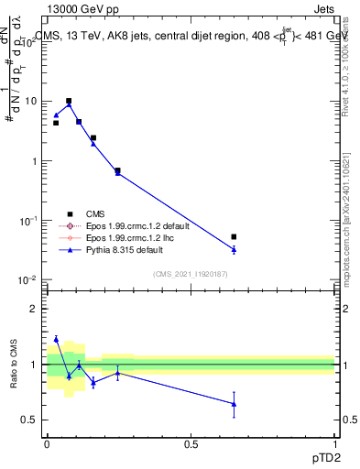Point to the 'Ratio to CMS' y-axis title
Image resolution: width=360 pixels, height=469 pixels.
coord(13,365)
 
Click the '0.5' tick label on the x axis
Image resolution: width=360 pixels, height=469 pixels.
coord(191,443)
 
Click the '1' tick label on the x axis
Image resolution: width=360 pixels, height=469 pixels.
coord(335,443)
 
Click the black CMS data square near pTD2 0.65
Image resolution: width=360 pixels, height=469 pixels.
coord(235,236)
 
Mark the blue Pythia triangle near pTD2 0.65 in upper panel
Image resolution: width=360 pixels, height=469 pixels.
coord(235,249)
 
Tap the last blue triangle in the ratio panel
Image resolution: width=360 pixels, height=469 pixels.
coord(235,404)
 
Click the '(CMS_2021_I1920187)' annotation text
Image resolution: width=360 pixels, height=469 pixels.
coord(191,272)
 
